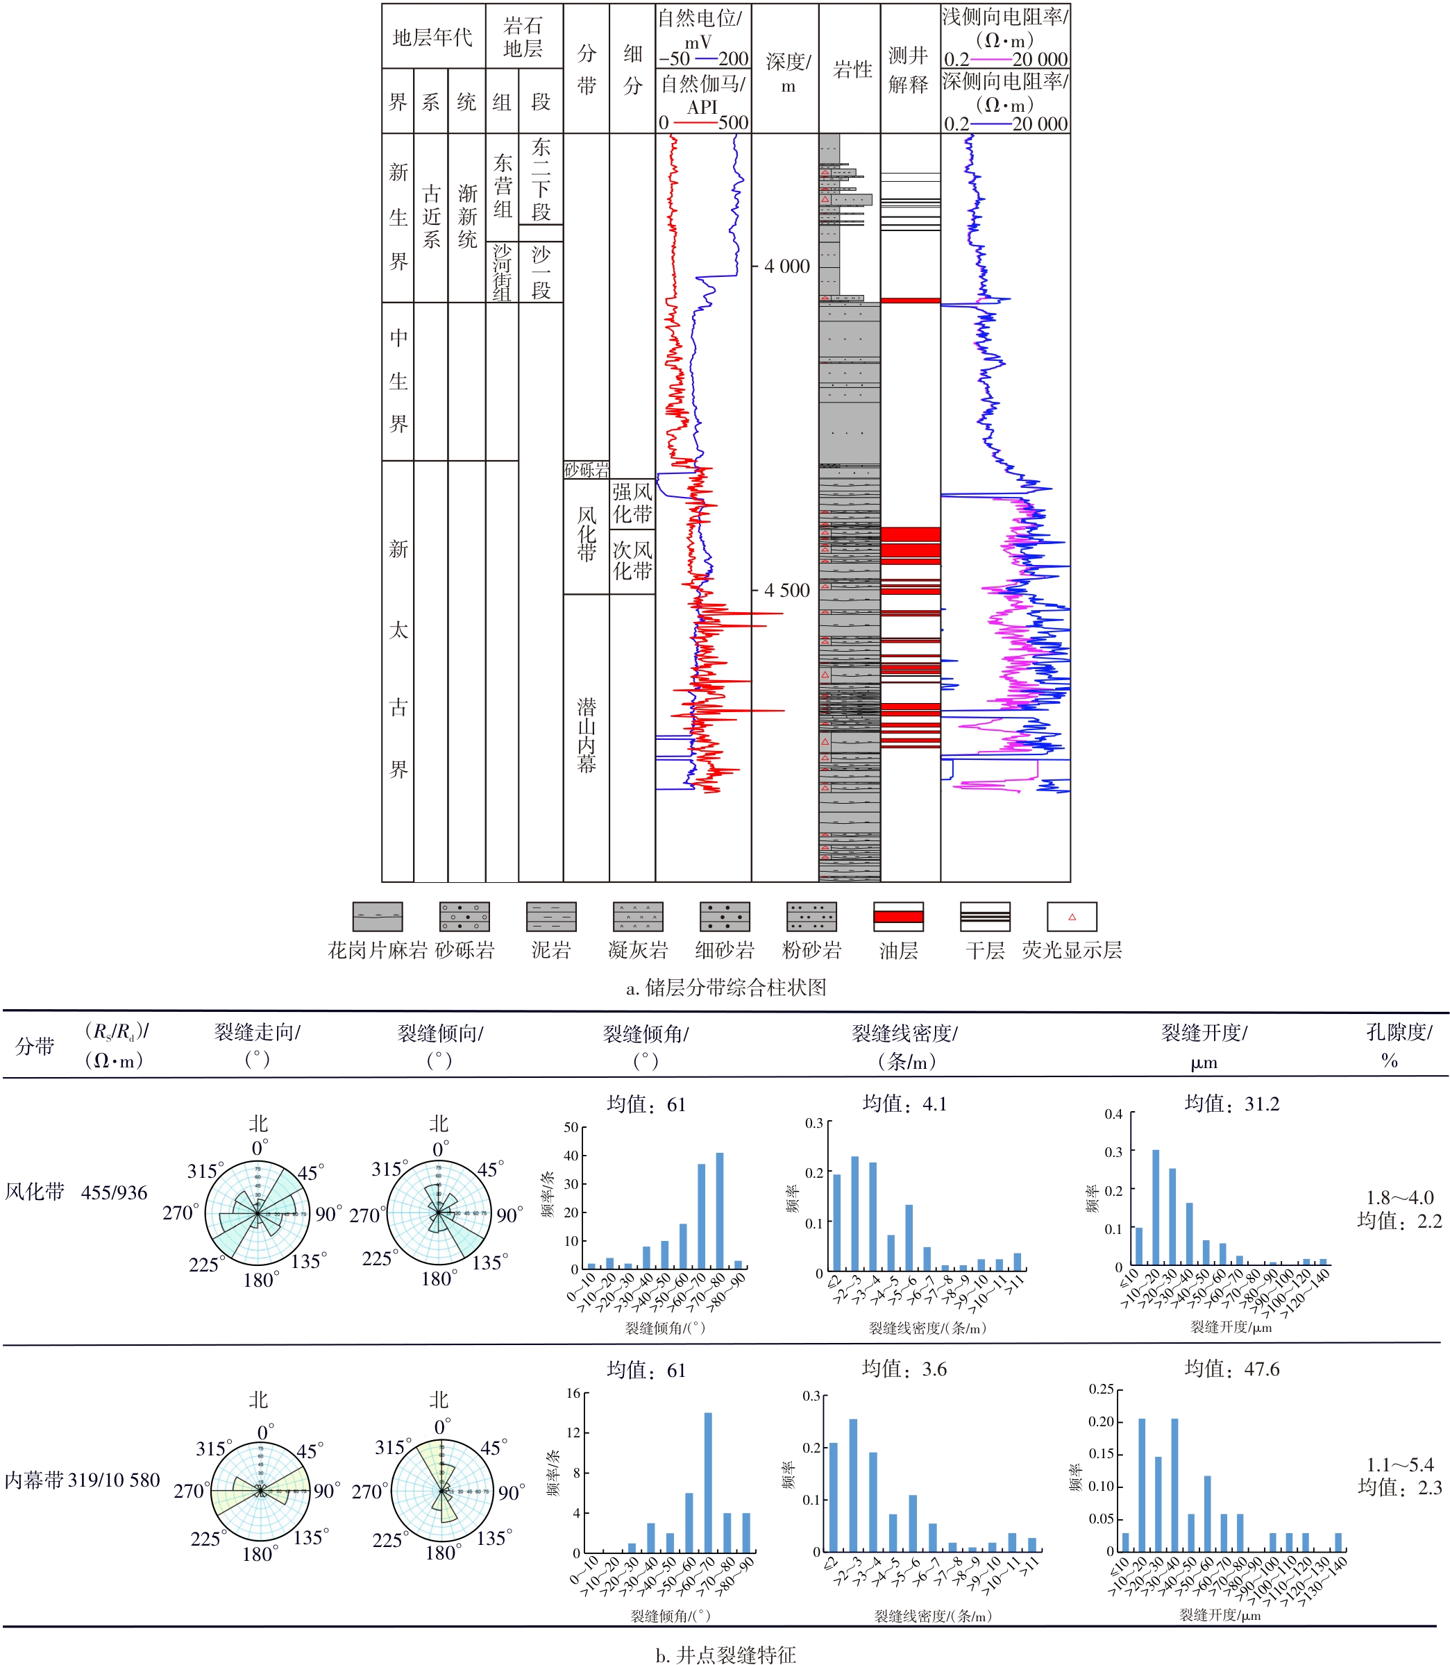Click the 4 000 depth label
tap(786, 267)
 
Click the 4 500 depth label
tap(786, 591)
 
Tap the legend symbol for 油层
tap(898, 917)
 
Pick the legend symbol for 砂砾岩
tap(464, 917)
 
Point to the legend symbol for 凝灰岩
tap(638, 917)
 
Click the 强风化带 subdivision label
tap(632, 502)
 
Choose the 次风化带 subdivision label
tap(632, 560)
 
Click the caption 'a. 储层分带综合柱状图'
tap(726, 987)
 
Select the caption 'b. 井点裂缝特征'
tap(726, 1655)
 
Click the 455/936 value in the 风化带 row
tap(114, 1192)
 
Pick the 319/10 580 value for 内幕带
tap(114, 1480)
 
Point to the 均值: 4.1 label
tap(904, 1104)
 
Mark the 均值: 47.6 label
tap(1231, 1369)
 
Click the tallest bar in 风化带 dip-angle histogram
tap(719, 1210)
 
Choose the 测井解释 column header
tap(909, 69)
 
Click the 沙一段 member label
tap(541, 272)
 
